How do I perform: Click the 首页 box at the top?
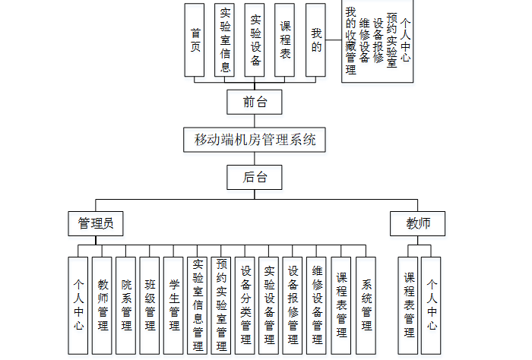point(196,39)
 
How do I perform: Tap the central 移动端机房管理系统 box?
point(254,140)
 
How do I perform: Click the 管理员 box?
point(96,223)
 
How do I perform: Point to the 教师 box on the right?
point(418,223)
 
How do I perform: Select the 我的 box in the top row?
point(315,39)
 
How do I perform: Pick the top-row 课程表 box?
point(284,39)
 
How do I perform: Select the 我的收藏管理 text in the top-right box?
point(350,42)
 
